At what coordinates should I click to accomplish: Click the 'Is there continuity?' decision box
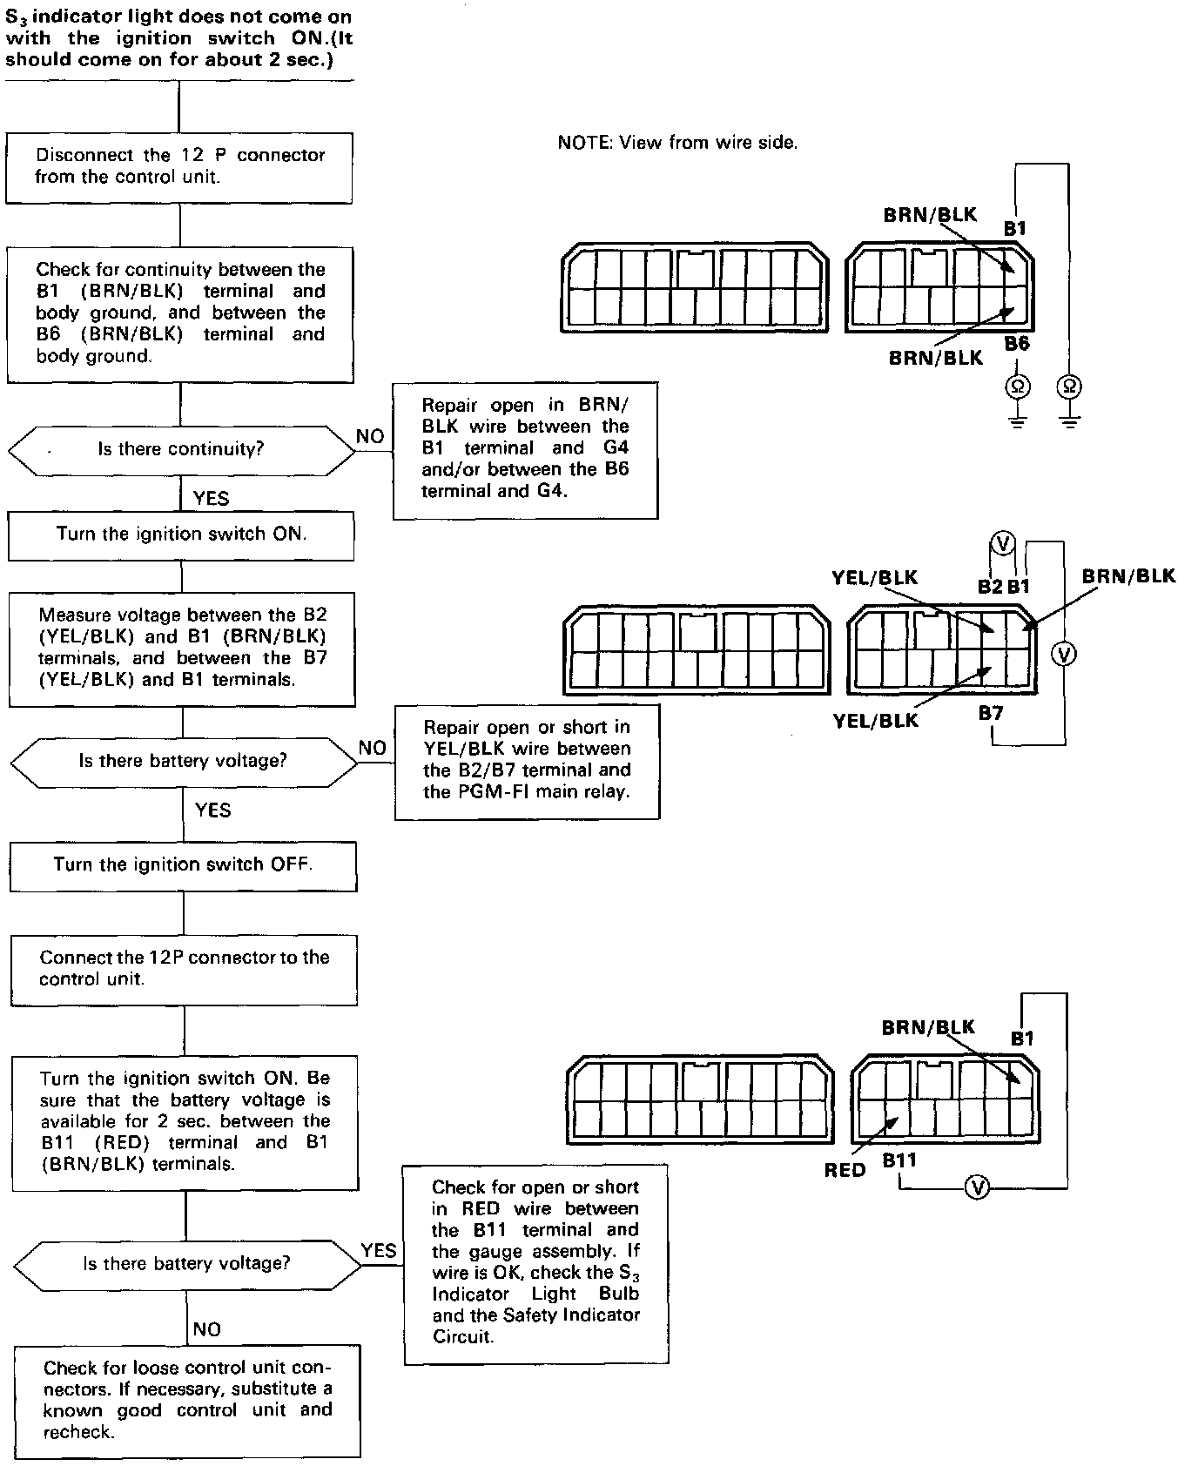click(180, 449)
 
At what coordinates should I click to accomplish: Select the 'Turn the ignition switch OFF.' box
click(183, 864)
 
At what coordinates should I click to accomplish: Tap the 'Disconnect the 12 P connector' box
click(179, 166)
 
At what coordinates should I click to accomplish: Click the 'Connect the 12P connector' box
click(184, 969)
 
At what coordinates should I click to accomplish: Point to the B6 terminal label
click(1016, 344)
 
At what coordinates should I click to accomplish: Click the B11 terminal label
click(899, 1160)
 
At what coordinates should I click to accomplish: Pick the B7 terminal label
click(991, 714)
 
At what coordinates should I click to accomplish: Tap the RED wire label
click(845, 1171)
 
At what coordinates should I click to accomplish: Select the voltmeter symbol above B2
click(1003, 544)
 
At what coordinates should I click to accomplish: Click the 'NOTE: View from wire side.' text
click(677, 143)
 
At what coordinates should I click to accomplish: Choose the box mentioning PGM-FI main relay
click(527, 760)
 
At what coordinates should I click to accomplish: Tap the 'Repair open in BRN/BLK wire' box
click(525, 449)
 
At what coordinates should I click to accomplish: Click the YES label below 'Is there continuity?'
click(211, 498)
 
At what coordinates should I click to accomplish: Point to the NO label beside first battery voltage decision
click(373, 748)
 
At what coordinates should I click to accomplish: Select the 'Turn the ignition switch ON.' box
click(181, 535)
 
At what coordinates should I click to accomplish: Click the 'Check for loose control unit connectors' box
click(187, 1401)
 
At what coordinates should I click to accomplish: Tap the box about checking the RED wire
click(535, 1261)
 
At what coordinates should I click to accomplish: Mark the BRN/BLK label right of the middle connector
click(1128, 576)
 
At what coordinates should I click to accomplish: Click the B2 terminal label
click(990, 587)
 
